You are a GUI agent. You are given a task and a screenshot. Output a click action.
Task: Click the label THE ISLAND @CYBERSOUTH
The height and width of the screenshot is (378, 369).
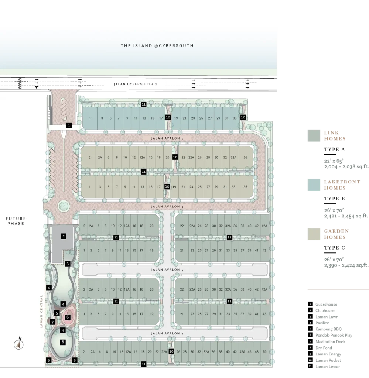pyautogui.click(x=157, y=45)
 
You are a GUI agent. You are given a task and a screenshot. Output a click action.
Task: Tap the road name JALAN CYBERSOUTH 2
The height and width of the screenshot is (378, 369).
pyautogui.click(x=135, y=84)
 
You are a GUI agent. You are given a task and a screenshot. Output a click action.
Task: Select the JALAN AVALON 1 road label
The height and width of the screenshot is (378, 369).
pyautogui.click(x=167, y=138)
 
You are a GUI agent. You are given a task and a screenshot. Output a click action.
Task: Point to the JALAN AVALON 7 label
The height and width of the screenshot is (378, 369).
pyautogui.click(x=167, y=333)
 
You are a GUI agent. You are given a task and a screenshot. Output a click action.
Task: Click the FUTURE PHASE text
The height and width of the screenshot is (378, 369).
pyautogui.click(x=16, y=221)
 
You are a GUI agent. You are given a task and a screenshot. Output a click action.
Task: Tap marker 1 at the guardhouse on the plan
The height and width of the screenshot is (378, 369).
pyautogui.click(x=69, y=125)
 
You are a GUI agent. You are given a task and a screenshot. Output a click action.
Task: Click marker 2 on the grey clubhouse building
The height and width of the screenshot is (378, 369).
pyautogui.click(x=64, y=236)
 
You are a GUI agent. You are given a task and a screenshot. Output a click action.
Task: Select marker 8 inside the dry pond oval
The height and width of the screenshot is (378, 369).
pyautogui.click(x=63, y=342)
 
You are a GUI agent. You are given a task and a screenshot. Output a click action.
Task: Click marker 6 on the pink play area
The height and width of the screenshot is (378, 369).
pyautogui.click(x=68, y=317)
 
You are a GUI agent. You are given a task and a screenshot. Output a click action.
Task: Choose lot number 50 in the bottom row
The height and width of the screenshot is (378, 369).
pyautogui.click(x=264, y=352)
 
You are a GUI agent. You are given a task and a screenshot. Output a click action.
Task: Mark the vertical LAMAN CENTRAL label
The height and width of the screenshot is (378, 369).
pyautogui.click(x=41, y=311)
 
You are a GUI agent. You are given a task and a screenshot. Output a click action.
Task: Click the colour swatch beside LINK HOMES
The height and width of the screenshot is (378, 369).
pyautogui.click(x=314, y=135)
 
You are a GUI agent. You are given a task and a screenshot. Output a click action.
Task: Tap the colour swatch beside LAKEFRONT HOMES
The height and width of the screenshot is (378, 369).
pyautogui.click(x=314, y=185)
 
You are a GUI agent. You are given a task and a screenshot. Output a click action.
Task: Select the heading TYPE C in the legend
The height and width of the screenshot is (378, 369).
pyautogui.click(x=334, y=248)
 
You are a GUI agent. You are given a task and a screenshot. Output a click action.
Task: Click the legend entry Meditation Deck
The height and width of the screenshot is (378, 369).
pyautogui.click(x=330, y=341)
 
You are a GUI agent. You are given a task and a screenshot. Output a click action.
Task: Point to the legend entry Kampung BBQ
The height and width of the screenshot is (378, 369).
pyautogui.click(x=328, y=329)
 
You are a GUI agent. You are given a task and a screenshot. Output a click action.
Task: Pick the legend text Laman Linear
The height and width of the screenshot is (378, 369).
pyautogui.click(x=328, y=367)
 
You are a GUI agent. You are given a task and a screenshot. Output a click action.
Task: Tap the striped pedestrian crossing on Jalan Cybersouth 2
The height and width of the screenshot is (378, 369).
pyautogui.click(x=20, y=83)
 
